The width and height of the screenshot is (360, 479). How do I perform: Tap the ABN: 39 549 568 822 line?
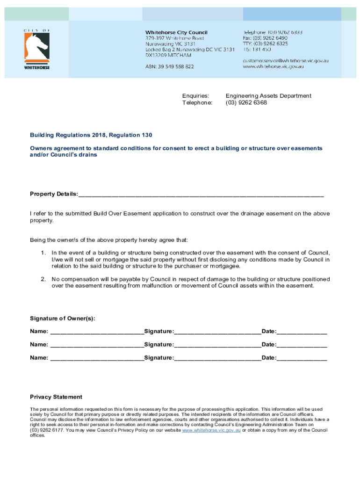pos(169,67)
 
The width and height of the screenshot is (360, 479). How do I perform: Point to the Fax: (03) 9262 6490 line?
pos(265,38)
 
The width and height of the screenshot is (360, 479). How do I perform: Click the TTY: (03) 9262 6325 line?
pos(265,44)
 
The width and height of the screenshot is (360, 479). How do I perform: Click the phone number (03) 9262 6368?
pos(246,102)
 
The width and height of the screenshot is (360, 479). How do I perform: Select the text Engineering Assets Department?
pos(268,95)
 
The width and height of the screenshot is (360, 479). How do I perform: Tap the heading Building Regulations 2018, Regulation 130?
pos(91,135)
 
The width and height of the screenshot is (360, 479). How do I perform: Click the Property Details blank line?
pos(201,194)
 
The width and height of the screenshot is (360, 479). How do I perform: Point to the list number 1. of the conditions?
pos(43,253)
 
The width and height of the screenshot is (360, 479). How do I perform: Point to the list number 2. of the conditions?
pos(43,279)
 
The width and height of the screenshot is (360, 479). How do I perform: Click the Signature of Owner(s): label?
pos(63,319)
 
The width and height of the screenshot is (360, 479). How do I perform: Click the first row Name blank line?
pos(96,332)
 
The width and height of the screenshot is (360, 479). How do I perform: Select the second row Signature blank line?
pos(217,345)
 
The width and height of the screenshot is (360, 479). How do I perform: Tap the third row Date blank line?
pos(302,358)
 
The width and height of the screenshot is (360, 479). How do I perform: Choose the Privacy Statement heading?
pos(56,397)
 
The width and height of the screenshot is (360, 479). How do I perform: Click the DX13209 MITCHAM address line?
pos(168,55)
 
